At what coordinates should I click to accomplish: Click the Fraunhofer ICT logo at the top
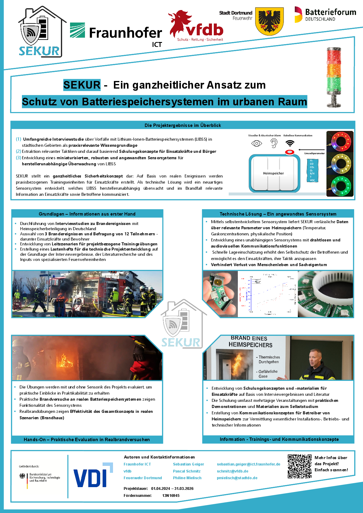116,33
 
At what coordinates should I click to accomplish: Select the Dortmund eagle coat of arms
270,21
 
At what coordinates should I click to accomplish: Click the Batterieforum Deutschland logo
325,15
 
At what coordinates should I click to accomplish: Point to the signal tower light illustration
334,77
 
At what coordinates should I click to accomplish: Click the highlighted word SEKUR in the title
82,85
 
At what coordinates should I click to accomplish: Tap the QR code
300,466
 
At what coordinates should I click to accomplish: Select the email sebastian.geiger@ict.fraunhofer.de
248,464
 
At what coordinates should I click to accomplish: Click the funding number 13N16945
171,496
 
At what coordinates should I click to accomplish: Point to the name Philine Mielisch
187,478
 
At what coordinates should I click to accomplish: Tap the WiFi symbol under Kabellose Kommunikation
290,143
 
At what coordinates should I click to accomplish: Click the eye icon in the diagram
257,143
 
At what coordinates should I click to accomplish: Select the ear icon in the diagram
274,143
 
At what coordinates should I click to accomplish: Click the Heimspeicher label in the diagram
273,174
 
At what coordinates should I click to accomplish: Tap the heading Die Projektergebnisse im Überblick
183,125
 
